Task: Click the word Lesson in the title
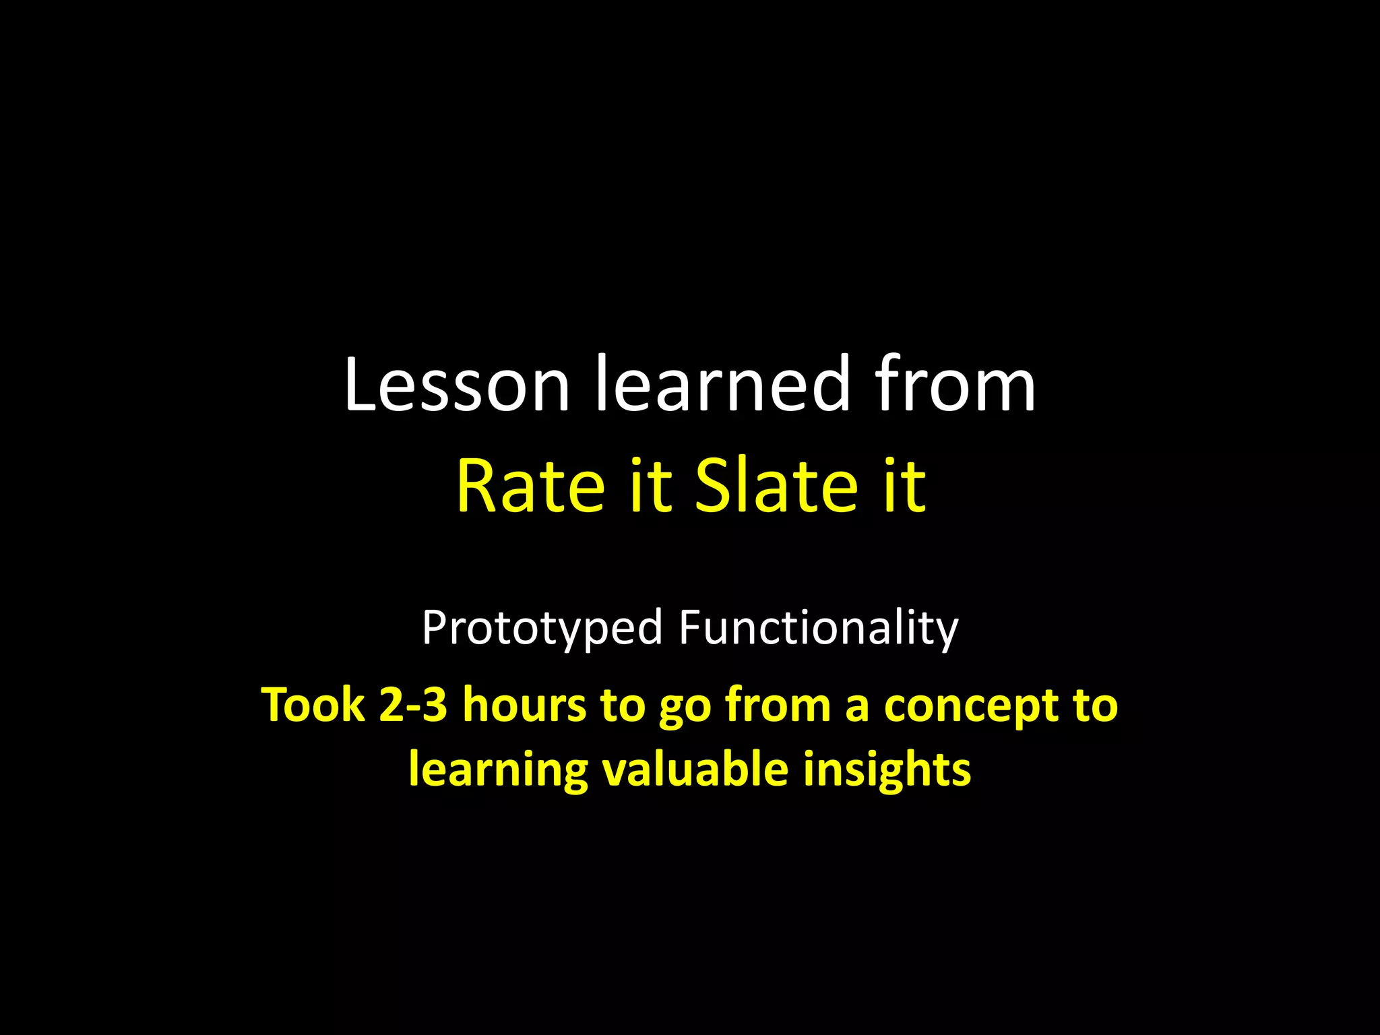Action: (457, 385)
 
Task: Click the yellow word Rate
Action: (530, 486)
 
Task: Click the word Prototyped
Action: (542, 629)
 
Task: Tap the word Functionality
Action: (818, 629)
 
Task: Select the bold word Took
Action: (313, 705)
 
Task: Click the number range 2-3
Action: (413, 705)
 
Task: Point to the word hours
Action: (524, 705)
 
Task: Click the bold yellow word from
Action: (778, 705)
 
